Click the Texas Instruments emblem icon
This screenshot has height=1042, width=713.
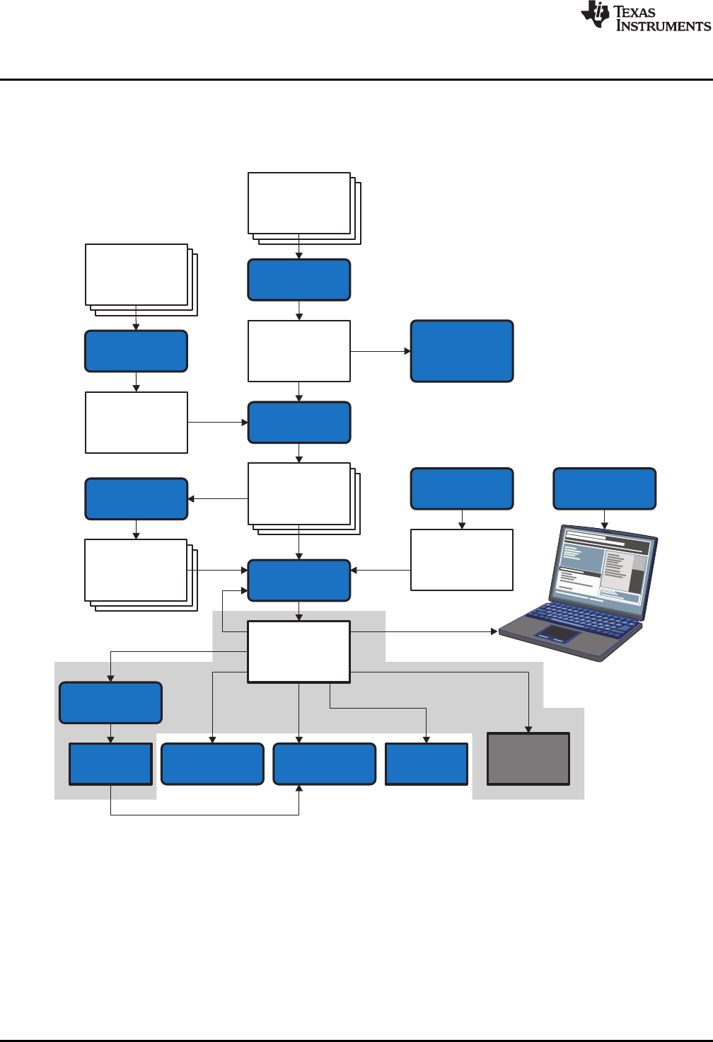(x=596, y=14)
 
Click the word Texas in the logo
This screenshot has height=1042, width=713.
(x=634, y=11)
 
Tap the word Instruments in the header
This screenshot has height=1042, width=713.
(x=663, y=26)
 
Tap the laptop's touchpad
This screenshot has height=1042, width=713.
(x=557, y=634)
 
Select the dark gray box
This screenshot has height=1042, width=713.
(x=528, y=759)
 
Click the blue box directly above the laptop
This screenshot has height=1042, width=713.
(x=604, y=488)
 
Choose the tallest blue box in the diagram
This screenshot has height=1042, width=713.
(x=462, y=351)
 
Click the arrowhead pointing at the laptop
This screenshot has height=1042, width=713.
(x=494, y=631)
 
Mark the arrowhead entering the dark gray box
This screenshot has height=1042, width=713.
(x=528, y=729)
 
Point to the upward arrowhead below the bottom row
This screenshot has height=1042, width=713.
(x=299, y=789)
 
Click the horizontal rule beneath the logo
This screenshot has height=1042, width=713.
(x=356, y=79)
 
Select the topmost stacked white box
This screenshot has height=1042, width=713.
(x=299, y=203)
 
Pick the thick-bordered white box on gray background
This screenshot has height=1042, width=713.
(x=299, y=652)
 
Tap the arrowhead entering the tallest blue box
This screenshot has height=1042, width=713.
(x=407, y=351)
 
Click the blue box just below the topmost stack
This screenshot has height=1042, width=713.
(x=299, y=280)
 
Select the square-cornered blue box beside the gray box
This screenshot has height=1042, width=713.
(x=427, y=764)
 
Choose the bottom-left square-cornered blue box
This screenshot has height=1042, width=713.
(x=110, y=764)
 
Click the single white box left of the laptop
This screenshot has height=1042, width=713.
(x=462, y=560)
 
